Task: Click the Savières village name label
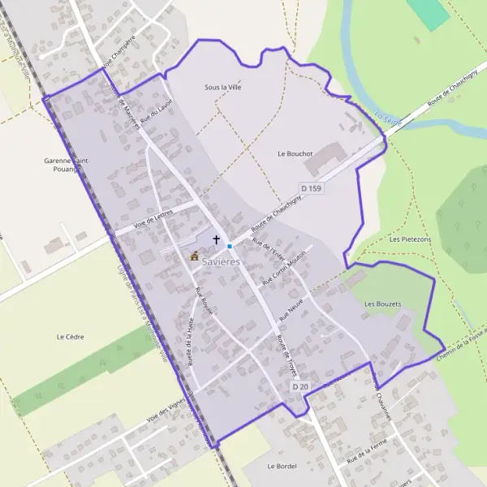pos(221,262)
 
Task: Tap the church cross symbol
pos(216,239)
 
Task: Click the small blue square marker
pos(230,246)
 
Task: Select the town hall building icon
pos(195,256)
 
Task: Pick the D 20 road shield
pos(300,386)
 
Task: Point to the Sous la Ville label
pos(223,87)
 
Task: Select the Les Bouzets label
pos(382,304)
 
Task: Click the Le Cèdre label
pos(71,336)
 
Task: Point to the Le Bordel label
pos(282,466)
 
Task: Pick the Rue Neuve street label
pos(290,308)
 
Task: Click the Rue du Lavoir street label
pos(157,112)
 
